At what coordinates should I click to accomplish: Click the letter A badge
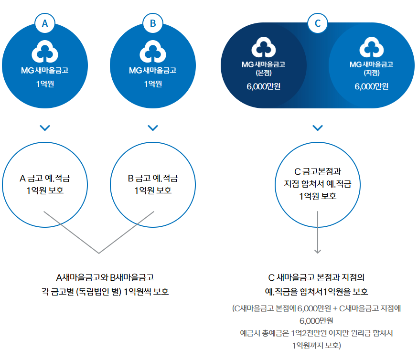point(45,22)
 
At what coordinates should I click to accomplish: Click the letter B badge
point(153,22)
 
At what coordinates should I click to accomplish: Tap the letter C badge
point(318,22)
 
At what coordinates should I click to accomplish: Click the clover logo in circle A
point(45,51)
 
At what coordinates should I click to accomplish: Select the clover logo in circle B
point(153,51)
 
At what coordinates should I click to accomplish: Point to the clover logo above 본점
point(264,48)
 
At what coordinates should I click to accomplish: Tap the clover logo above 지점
point(372,48)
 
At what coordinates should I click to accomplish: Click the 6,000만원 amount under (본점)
point(264,86)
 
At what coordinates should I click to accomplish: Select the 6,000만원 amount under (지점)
point(372,86)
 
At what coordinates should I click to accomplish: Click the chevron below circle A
point(45,127)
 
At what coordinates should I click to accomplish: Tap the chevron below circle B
point(153,127)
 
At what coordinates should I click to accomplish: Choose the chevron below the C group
point(318,127)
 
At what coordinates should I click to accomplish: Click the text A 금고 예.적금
point(45,179)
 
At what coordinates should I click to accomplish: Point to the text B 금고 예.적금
point(153,179)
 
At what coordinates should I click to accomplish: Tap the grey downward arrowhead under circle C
point(318,250)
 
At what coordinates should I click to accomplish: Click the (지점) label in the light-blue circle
point(372,73)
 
